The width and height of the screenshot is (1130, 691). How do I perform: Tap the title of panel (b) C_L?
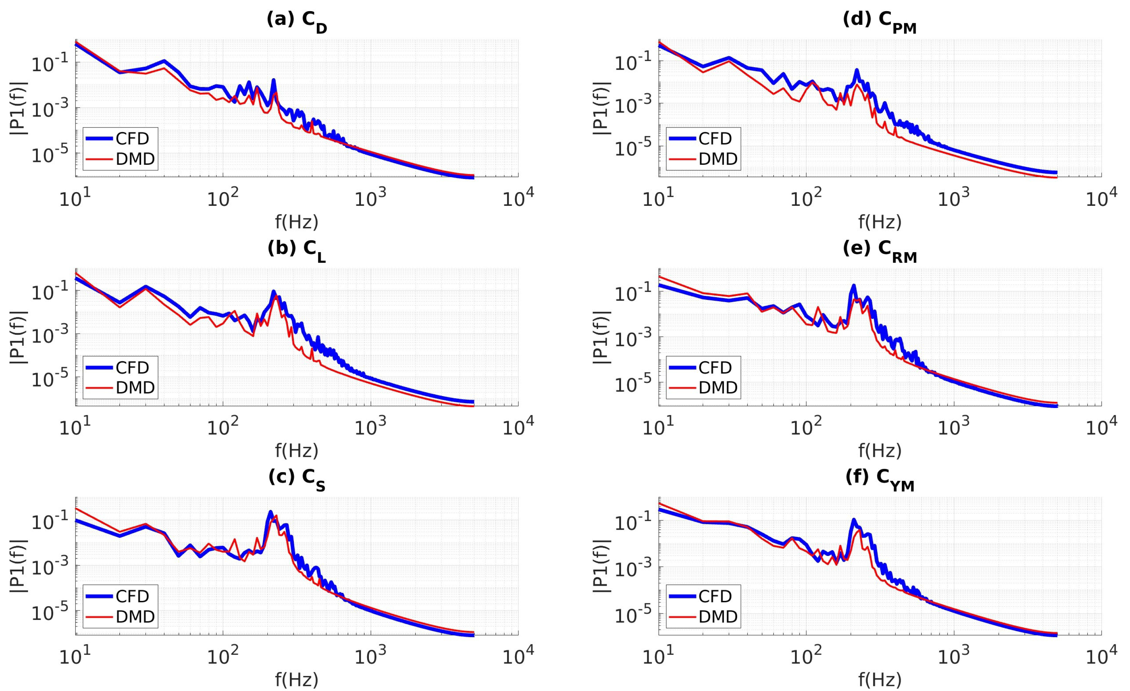click(297, 250)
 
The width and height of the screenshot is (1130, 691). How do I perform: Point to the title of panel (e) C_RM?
click(880, 250)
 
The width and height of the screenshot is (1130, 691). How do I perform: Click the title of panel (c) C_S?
click(297, 479)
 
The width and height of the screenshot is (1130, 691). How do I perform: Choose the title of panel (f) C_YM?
click(880, 479)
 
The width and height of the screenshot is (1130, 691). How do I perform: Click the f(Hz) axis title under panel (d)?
click(880, 222)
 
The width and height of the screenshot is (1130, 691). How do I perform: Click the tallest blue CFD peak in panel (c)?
click(270, 512)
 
